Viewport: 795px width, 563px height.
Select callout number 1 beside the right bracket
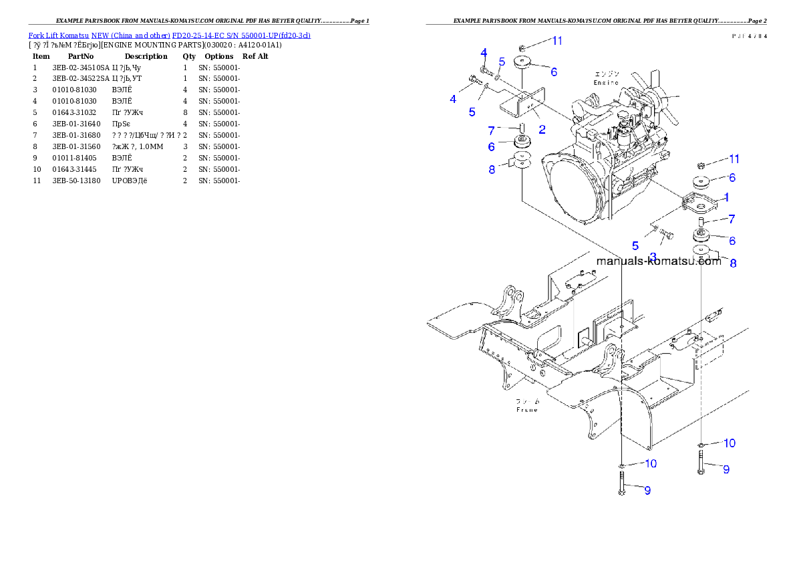(727, 197)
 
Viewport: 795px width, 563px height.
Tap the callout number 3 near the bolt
(653, 256)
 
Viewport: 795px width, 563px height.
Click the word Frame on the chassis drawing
(527, 409)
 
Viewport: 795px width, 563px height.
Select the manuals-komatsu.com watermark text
(658, 261)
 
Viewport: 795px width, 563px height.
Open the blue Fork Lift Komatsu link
(169, 35)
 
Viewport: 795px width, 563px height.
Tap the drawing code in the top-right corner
(749, 36)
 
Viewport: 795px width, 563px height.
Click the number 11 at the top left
(556, 41)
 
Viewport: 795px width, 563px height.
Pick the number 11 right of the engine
(734, 159)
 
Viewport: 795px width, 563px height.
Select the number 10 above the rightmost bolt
(729, 443)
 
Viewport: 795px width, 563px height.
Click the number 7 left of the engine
(491, 131)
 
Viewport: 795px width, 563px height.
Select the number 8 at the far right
(733, 263)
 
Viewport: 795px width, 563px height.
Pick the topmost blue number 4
(483, 53)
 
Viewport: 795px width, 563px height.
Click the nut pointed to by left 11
(522, 47)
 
